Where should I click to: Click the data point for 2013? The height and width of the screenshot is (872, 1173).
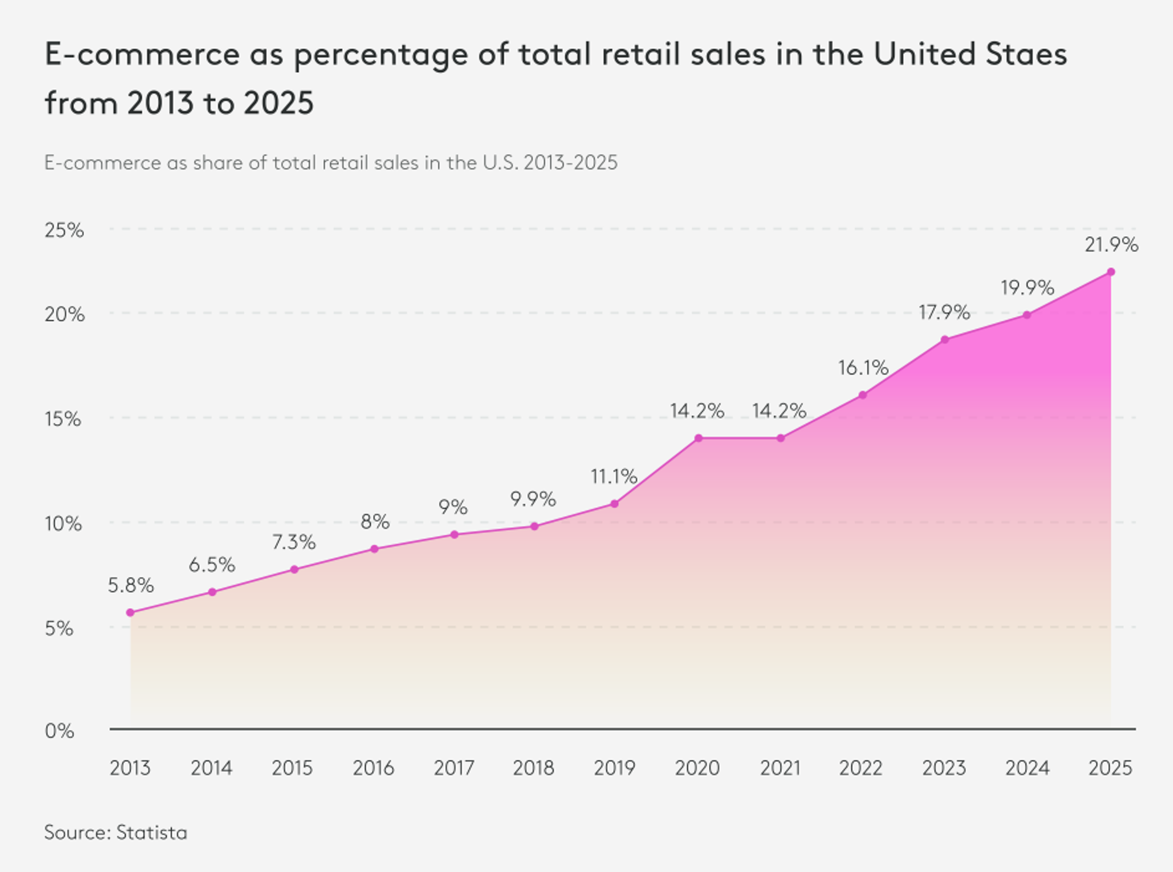[130, 612]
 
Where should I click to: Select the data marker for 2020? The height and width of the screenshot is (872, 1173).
[698, 438]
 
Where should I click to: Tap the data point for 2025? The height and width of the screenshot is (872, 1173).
[1111, 272]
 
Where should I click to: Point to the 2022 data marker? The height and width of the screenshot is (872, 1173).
[862, 395]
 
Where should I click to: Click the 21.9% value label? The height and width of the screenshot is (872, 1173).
[1111, 245]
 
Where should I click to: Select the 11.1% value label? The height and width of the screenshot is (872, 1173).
[613, 476]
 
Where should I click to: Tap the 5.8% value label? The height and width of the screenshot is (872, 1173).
[130, 585]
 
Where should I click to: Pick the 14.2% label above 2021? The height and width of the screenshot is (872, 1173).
[779, 411]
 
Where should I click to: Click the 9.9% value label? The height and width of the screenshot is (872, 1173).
[533, 499]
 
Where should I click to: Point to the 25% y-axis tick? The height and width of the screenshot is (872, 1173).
[64, 230]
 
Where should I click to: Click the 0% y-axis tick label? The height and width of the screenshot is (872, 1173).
[59, 731]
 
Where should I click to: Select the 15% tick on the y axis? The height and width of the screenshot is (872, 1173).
[63, 419]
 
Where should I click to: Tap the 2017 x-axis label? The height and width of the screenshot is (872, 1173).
[453, 768]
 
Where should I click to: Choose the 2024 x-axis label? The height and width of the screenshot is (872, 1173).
[1027, 768]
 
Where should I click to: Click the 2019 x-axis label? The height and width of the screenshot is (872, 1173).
[614, 768]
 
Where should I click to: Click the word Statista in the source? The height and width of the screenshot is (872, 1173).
[151, 833]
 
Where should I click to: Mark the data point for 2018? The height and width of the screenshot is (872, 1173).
[534, 526]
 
